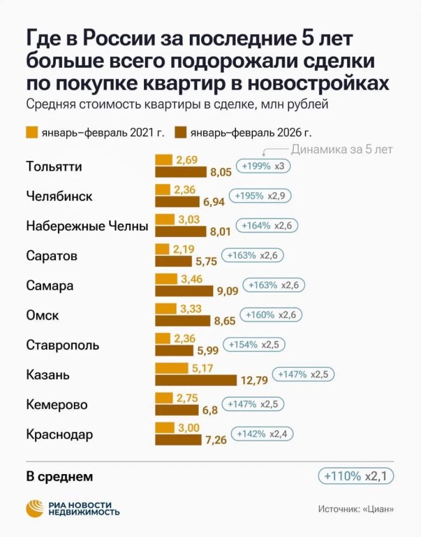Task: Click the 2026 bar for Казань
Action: (195, 380)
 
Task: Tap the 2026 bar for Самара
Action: (184, 291)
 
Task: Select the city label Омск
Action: (42, 315)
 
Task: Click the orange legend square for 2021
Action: (31, 131)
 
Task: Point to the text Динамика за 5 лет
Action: (341, 149)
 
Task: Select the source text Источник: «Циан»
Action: (355, 510)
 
